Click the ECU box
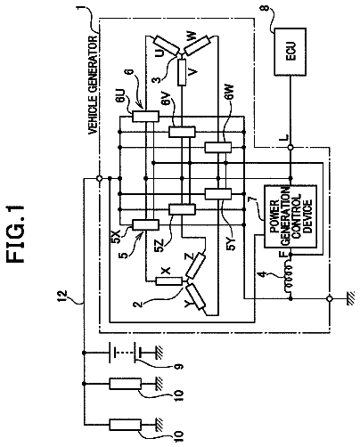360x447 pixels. pos(290,52)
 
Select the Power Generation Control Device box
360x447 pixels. pos(290,216)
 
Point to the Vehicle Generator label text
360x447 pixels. pos(93,85)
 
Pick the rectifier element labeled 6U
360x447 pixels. pos(145,116)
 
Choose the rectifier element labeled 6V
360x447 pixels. pos(182,132)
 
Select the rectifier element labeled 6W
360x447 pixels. pos(218,147)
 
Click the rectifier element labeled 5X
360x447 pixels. pos(145,224)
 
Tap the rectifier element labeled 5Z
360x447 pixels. pos(182,209)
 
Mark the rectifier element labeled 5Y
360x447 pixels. pos(218,194)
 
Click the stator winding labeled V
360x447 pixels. pos(182,72)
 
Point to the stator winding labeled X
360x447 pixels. pos(169,281)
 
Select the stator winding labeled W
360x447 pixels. pos(198,45)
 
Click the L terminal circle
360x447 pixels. pos(290,147)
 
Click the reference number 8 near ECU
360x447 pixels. pos(266,7)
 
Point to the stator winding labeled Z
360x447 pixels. pos(195,266)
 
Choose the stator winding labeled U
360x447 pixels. pos(167,45)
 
